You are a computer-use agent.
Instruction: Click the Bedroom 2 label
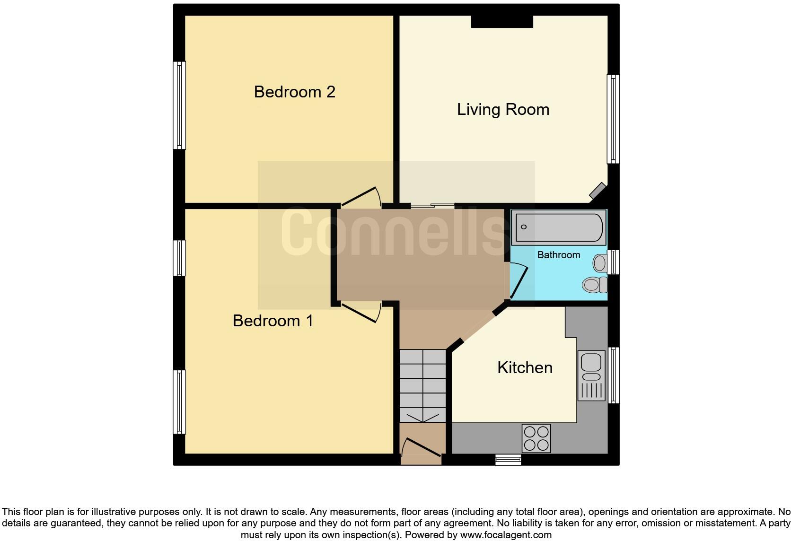pyautogui.click(x=294, y=92)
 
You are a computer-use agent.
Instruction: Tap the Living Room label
pyautogui.click(x=503, y=110)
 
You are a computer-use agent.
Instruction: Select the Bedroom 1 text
pyautogui.click(x=272, y=321)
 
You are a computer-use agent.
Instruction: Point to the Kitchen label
pyautogui.click(x=525, y=368)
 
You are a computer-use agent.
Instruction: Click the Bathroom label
pyautogui.click(x=558, y=255)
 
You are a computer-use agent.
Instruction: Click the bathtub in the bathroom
pyautogui.click(x=559, y=227)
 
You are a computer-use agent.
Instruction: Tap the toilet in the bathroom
pyautogui.click(x=595, y=284)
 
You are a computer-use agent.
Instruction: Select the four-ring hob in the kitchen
pyautogui.click(x=536, y=438)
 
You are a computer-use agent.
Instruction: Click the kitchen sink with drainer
pyautogui.click(x=591, y=375)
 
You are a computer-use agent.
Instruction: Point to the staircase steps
pyautogui.click(x=422, y=385)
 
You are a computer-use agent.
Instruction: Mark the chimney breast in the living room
pyautogui.click(x=502, y=22)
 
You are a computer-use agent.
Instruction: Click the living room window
pyautogui.click(x=613, y=119)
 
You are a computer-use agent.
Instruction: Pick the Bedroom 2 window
pyautogui.click(x=179, y=105)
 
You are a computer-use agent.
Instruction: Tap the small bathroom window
pyautogui.click(x=613, y=262)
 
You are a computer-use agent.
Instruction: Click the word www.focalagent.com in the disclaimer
pyautogui.click(x=506, y=535)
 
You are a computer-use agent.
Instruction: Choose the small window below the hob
pyautogui.click(x=508, y=460)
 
